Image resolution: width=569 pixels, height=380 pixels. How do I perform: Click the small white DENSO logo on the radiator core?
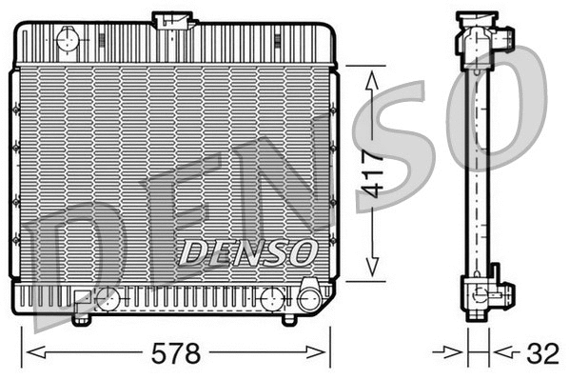[248, 252]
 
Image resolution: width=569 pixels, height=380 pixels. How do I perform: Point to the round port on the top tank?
[68, 39]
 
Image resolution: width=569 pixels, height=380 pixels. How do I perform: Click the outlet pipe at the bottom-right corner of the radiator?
[309, 298]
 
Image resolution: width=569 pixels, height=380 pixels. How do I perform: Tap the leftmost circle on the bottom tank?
[109, 299]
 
